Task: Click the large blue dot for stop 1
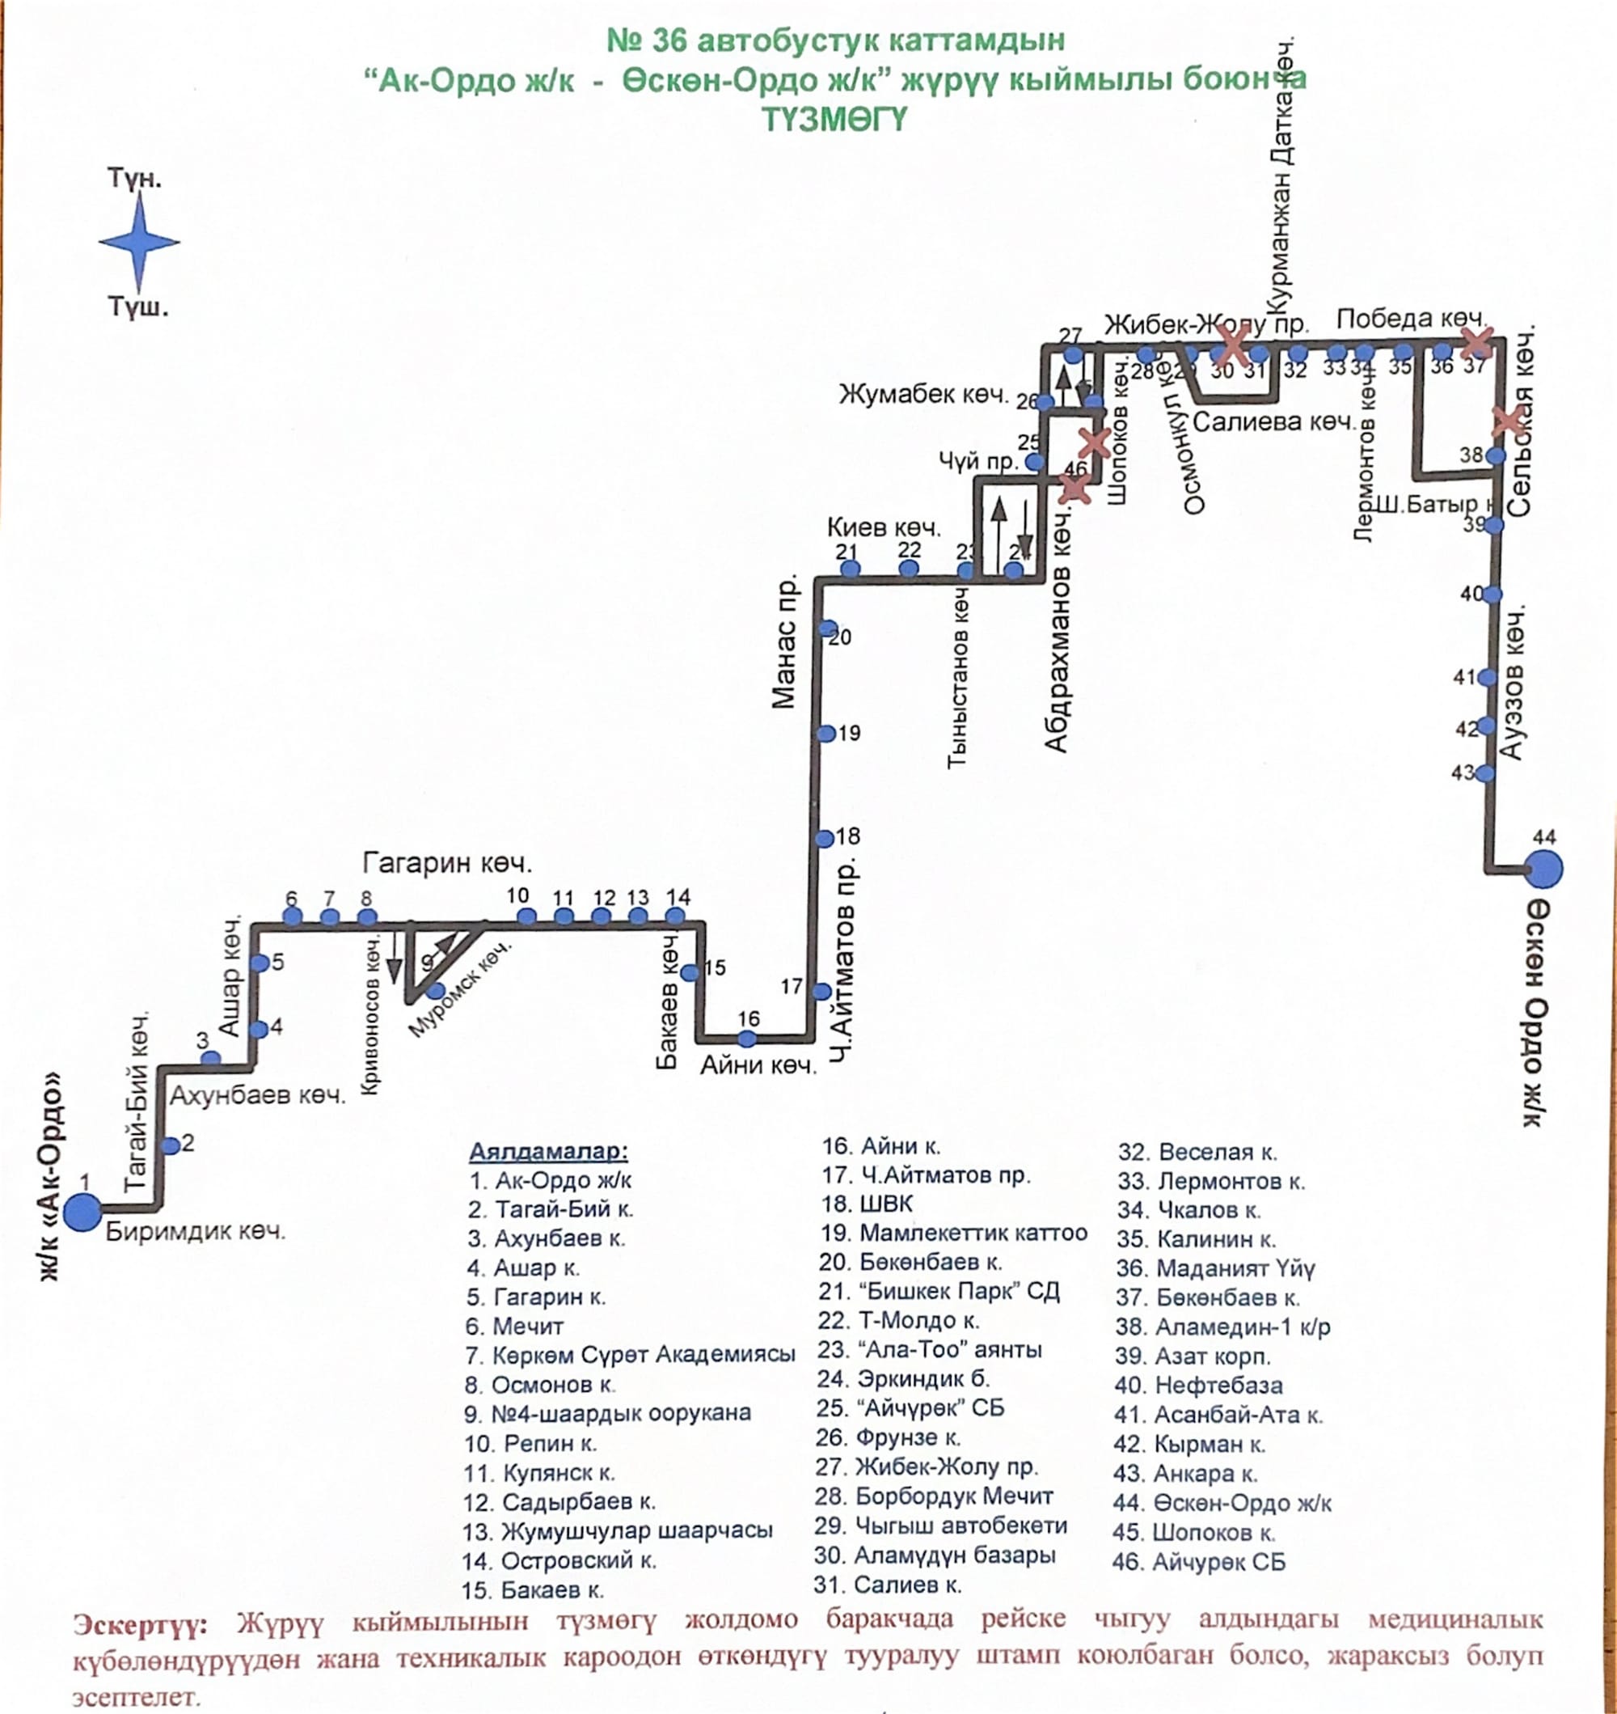82,1212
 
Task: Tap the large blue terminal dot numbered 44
1543,869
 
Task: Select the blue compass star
139,243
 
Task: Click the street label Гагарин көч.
447,863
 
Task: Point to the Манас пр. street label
784,641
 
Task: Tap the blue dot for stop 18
825,839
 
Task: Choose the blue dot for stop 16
747,1039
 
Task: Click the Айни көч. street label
758,1065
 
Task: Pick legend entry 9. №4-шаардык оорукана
608,1413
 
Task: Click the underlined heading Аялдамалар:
548,1151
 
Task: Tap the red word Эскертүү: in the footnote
140,1626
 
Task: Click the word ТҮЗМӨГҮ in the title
834,119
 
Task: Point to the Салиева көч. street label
1274,422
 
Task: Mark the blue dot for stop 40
1492,595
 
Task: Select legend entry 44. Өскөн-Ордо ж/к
1222,1504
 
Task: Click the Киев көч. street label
884,527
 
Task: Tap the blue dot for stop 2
171,1146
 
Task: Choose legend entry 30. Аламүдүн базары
935,1555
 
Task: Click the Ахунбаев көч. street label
257,1096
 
